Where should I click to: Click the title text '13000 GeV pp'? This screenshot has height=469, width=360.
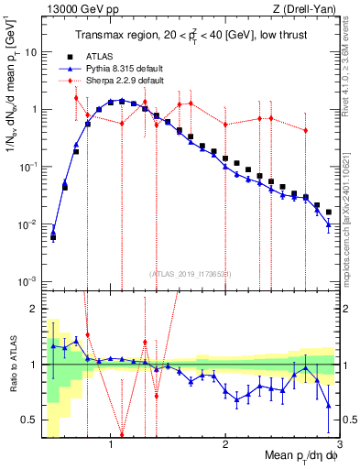pyautogui.click(x=69, y=8)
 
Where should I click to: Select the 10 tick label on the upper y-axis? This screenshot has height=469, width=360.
pyautogui.click(x=31, y=52)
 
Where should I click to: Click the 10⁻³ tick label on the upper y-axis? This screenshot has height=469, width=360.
pyautogui.click(x=29, y=281)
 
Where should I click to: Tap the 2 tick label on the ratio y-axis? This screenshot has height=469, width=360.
pyautogui.click(x=34, y=309)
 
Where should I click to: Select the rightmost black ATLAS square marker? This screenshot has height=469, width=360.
pyautogui.click(x=328, y=213)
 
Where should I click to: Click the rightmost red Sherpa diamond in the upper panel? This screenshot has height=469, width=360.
pyautogui.click(x=305, y=131)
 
